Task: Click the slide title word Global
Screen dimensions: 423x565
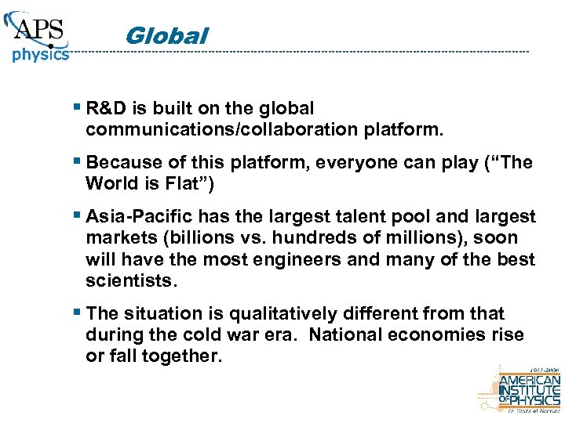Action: pyautogui.click(x=166, y=36)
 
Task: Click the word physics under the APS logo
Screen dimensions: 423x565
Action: pyautogui.click(x=40, y=56)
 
